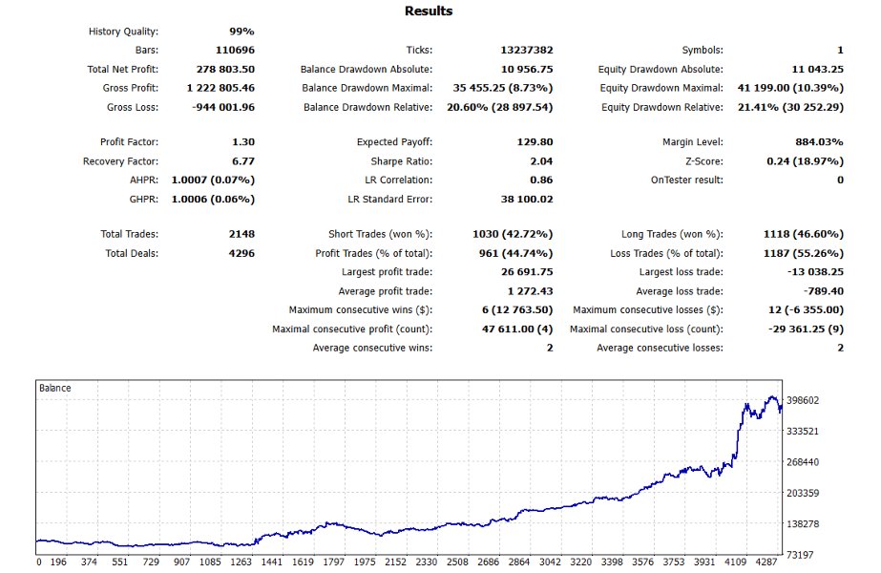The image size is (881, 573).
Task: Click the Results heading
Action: pos(429,11)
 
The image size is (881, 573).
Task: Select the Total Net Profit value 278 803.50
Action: pos(225,69)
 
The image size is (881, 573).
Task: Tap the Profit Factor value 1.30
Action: pos(243,142)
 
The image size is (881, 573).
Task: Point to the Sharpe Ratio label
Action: pos(402,161)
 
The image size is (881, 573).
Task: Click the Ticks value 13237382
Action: pos(527,50)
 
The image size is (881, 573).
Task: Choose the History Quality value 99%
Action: pos(241,32)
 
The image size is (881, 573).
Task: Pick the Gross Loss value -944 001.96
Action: pos(223,107)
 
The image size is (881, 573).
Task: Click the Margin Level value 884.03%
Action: pos(819,142)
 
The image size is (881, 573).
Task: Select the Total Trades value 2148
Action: pos(241,234)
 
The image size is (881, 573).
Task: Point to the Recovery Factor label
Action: pos(120,161)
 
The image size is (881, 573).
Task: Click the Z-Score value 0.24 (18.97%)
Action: pos(806,161)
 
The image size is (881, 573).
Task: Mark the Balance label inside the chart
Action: pos(55,388)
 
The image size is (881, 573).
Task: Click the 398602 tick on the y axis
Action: pos(803,400)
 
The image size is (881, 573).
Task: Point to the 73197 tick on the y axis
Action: pos(800,555)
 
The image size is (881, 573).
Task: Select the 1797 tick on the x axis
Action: pos(334,562)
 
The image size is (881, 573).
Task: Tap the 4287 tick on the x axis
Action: pos(766,562)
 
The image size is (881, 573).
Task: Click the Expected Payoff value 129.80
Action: pos(535,142)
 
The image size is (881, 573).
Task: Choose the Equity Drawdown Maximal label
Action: pos(661,88)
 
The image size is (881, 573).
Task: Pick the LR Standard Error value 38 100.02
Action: pos(527,199)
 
